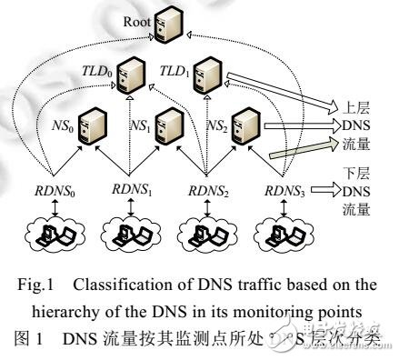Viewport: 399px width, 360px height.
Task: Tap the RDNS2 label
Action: (207, 193)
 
